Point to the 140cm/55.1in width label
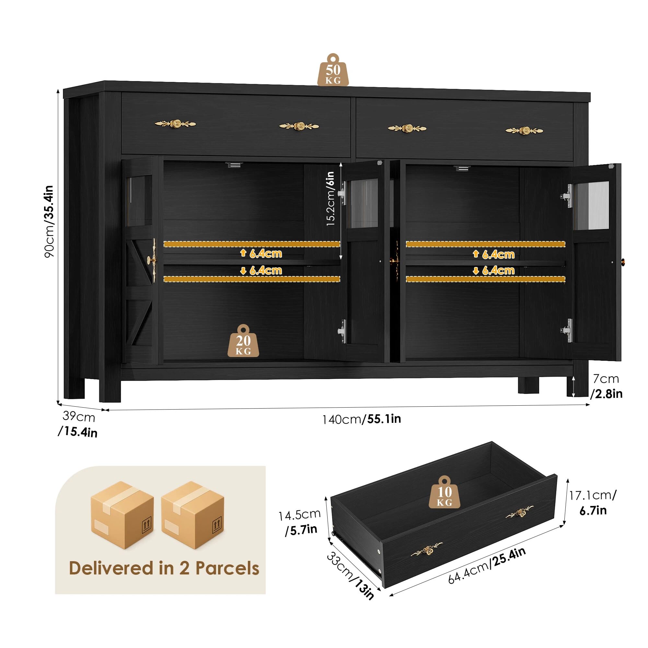[x=362, y=419]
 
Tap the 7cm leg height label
[x=606, y=379]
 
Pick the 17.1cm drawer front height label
[x=593, y=495]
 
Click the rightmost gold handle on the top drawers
[x=524, y=130]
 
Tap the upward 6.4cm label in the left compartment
[x=261, y=254]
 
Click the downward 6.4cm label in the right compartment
[x=494, y=271]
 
